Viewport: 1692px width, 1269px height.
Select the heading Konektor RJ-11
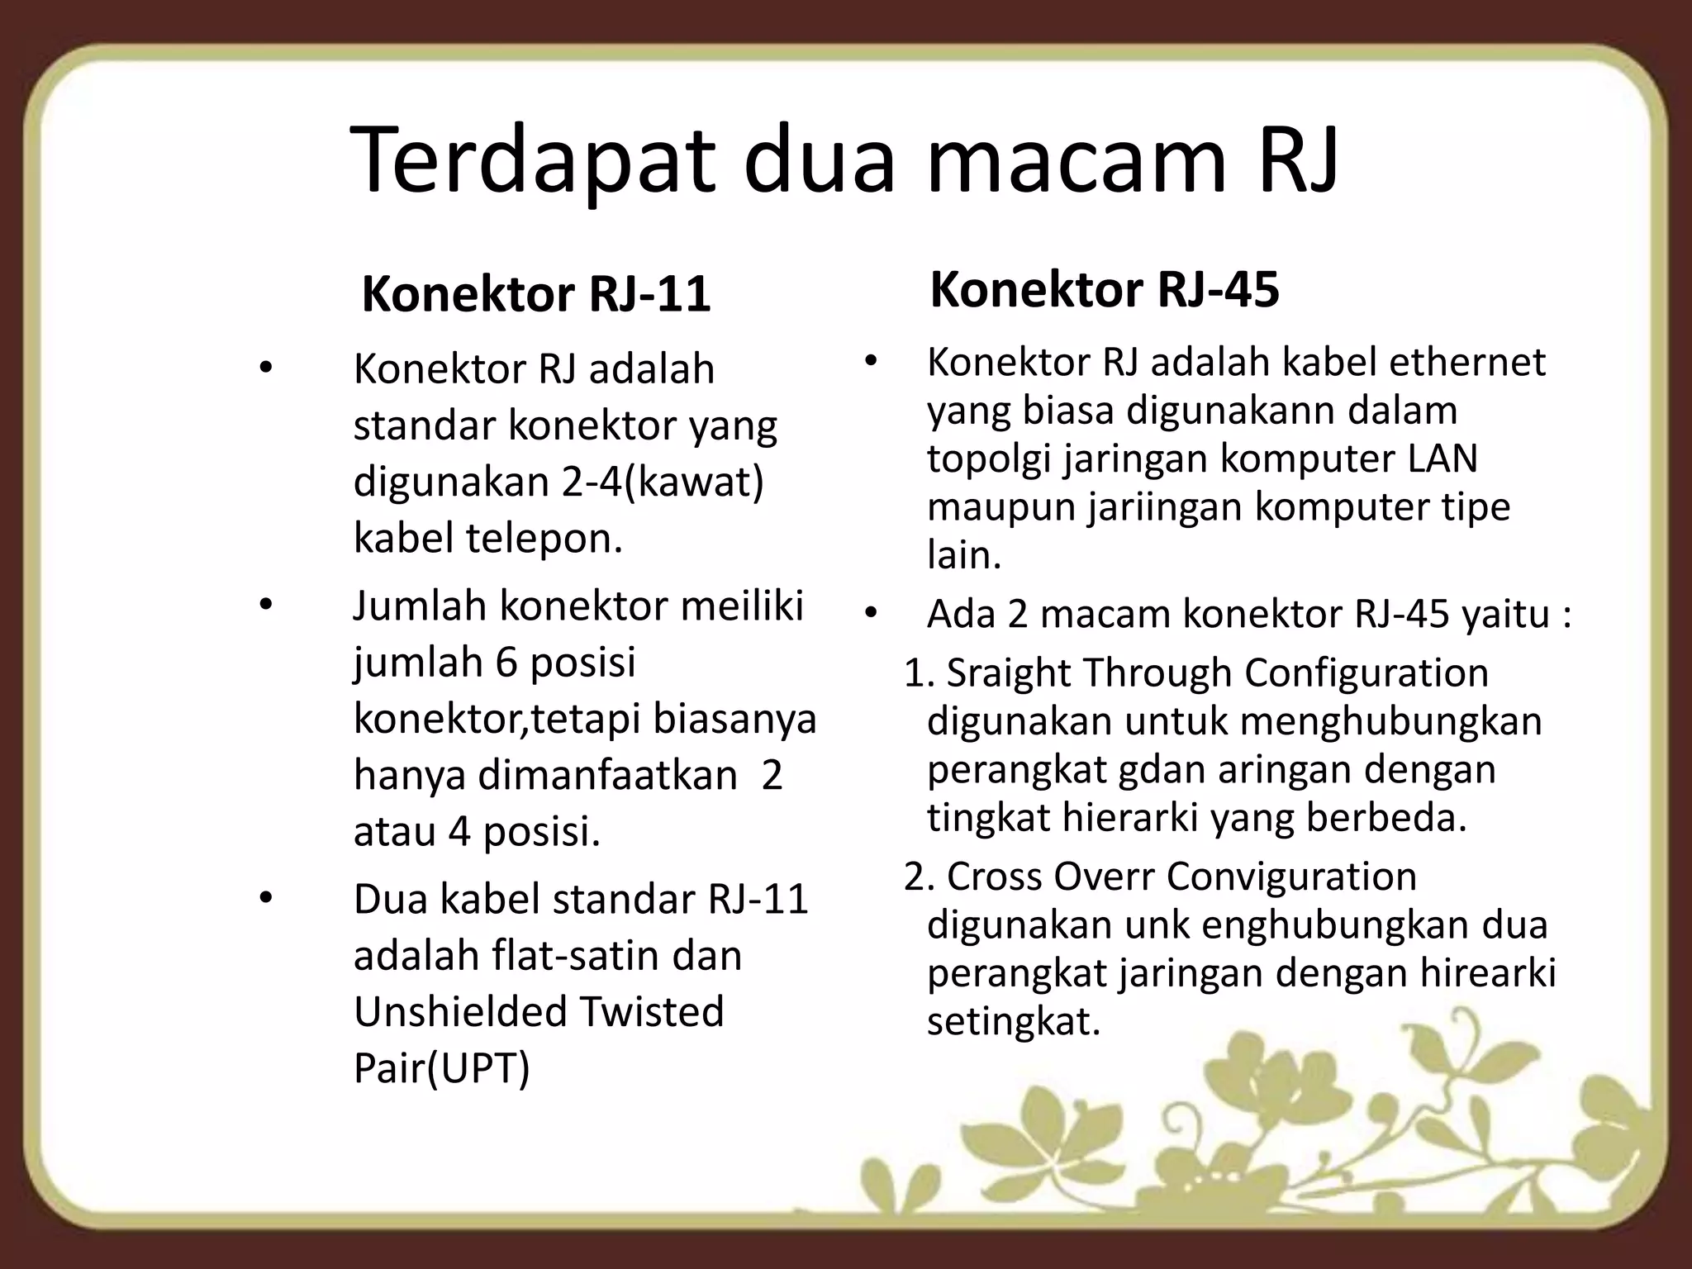click(x=536, y=294)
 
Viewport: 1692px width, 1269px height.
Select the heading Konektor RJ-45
click(x=1104, y=290)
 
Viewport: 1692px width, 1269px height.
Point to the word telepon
click(x=544, y=539)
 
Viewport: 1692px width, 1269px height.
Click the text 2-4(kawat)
click(x=663, y=482)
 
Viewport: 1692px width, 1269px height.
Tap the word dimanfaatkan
click(x=608, y=775)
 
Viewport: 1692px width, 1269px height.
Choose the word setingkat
click(x=1014, y=1022)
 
